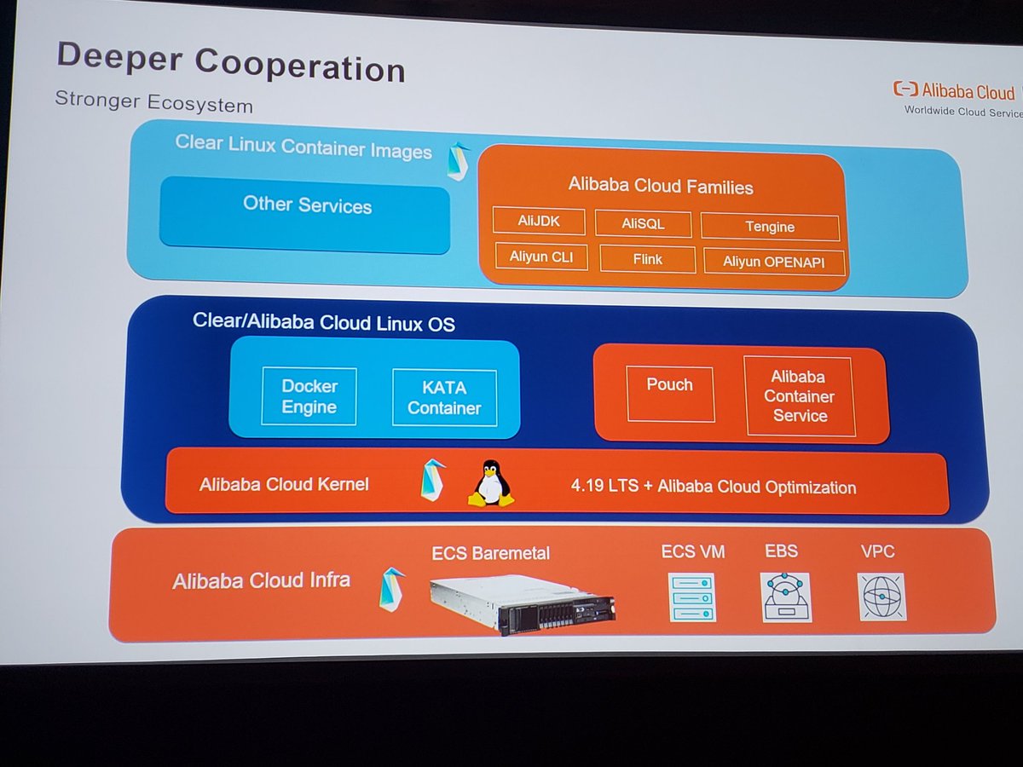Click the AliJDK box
coord(539,222)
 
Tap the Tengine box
coord(770,227)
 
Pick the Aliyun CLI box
coord(542,257)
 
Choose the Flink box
coord(648,258)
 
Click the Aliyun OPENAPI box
coord(774,262)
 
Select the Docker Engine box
coord(309,396)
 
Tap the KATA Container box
coord(444,398)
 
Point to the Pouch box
coord(670,394)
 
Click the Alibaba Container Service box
coord(800,396)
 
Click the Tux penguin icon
coord(491,484)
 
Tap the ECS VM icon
coord(692,597)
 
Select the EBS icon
coord(784,597)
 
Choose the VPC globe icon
coord(881,597)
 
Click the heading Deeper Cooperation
coord(230,65)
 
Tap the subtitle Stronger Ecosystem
coord(153,103)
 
